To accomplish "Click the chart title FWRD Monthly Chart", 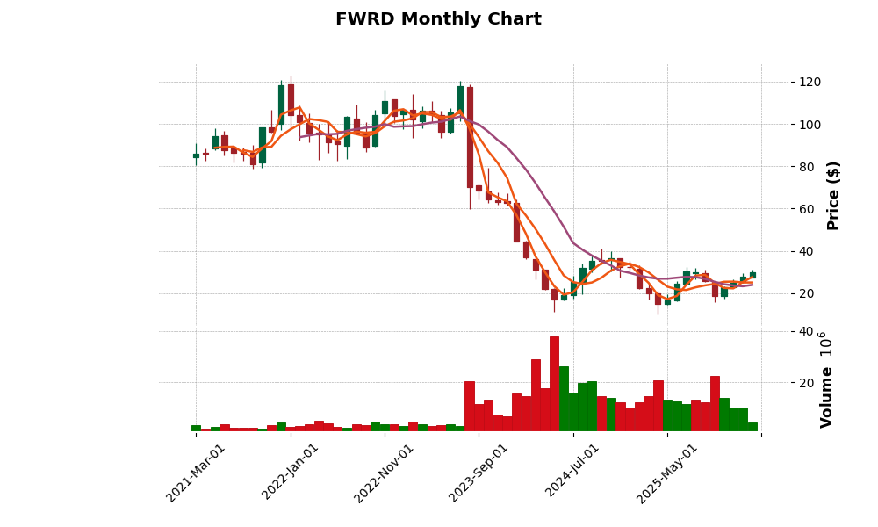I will tap(438, 19).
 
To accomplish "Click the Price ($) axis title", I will tap(833, 195).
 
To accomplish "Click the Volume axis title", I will tap(826, 379).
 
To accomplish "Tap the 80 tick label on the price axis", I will tap(805, 167).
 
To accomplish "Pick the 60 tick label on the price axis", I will tap(805, 209).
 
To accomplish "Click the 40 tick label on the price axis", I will tap(805, 251).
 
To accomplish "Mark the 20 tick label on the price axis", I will tap(805, 293).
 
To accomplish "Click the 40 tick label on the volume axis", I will tap(805, 331).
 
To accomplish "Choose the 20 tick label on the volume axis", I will tap(805, 383).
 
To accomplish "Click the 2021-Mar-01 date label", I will tap(197, 473).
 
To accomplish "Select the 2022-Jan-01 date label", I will tap(291, 473).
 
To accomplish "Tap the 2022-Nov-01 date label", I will tap(385, 473).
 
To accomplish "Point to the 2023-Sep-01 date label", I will tap(479, 473).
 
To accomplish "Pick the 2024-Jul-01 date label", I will tap(573, 473).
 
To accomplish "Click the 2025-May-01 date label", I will tap(667, 473).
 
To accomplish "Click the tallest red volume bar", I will tap(554, 383).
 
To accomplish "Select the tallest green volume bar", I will tap(564, 398).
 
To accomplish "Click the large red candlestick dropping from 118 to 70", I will tap(470, 137).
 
